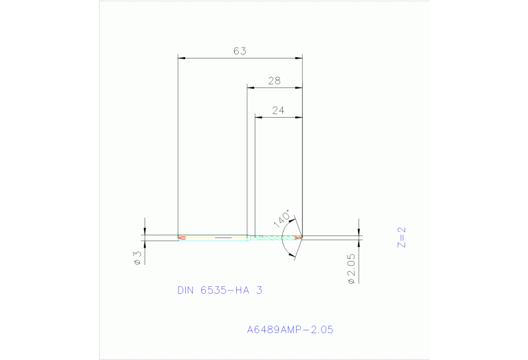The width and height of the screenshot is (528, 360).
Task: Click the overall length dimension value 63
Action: pyautogui.click(x=240, y=51)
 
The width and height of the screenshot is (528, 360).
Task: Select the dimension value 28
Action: pyautogui.click(x=274, y=81)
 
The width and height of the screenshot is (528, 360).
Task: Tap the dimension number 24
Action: pyautogui.click(x=278, y=110)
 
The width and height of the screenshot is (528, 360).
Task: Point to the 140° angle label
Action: pyautogui.click(x=282, y=218)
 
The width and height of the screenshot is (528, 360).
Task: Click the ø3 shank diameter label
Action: pyautogui.click(x=137, y=258)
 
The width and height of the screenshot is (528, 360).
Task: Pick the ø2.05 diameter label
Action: pyautogui.click(x=351, y=269)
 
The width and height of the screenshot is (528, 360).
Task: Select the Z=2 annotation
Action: pyautogui.click(x=402, y=236)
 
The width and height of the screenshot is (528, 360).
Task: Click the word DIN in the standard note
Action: pyautogui.click(x=186, y=290)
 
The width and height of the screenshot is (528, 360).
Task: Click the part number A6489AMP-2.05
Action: pyautogui.click(x=290, y=330)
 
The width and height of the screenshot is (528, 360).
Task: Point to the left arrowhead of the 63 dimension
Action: pyautogui.click(x=181, y=58)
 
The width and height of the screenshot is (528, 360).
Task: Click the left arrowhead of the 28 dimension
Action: pyautogui.click(x=251, y=88)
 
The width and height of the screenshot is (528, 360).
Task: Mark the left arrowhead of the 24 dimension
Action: pyautogui.click(x=258, y=117)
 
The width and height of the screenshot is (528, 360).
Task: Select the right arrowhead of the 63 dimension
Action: pyautogui.click(x=299, y=58)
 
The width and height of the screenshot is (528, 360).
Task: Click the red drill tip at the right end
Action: pyautogui.click(x=299, y=238)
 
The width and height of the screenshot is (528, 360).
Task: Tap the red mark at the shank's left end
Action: pyautogui.click(x=182, y=238)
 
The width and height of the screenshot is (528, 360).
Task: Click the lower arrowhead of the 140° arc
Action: pyautogui.click(x=294, y=255)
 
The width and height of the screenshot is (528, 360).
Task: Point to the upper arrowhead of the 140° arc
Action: pyautogui.click(x=294, y=221)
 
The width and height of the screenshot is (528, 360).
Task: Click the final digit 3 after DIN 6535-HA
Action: pyautogui.click(x=260, y=290)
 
